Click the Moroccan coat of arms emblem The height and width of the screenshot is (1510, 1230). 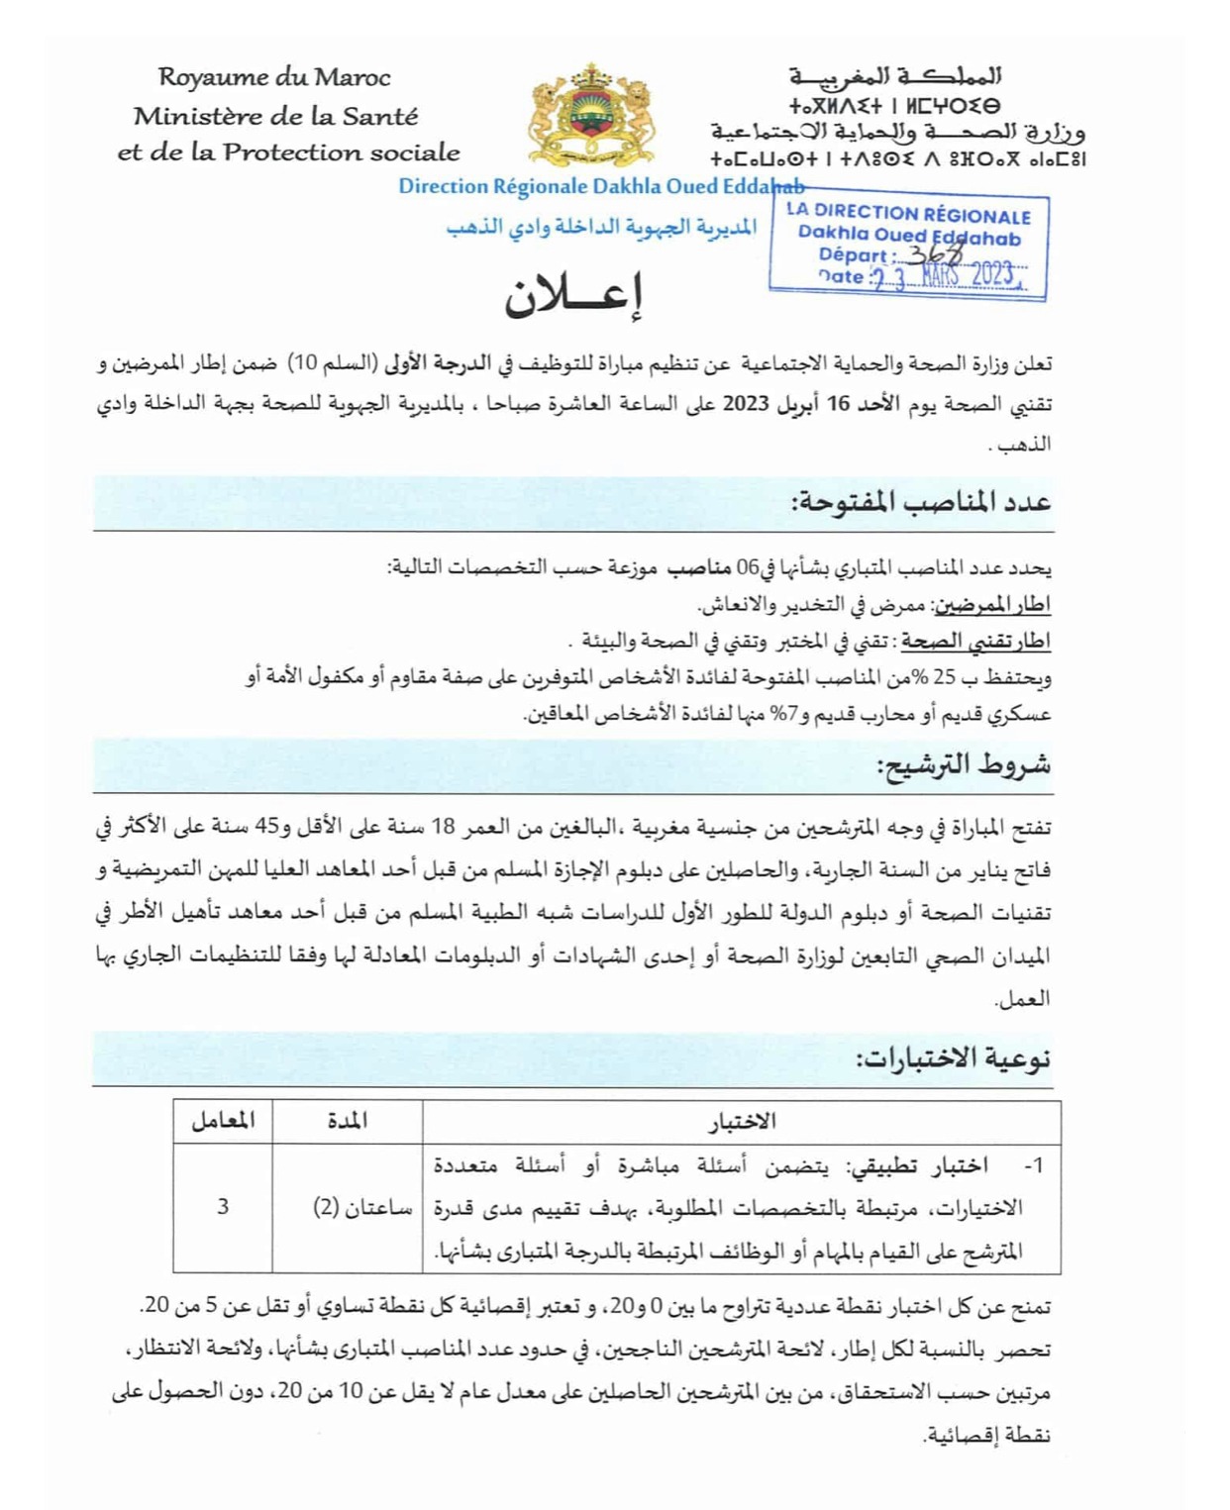click(592, 117)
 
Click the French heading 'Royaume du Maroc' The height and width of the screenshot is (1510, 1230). click(274, 77)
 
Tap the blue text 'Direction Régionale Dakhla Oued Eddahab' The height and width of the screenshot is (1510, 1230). click(600, 186)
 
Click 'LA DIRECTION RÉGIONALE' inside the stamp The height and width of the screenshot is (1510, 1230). click(908, 213)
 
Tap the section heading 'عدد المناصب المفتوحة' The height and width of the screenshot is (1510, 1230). click(921, 502)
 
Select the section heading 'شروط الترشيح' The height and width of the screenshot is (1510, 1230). click(964, 764)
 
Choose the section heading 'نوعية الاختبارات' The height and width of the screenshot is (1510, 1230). click(953, 1057)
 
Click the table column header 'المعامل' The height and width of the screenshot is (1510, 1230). click(223, 1121)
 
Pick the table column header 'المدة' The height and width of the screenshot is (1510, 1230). click(347, 1121)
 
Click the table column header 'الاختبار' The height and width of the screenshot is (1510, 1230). click(742, 1122)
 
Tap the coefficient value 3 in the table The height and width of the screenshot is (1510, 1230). click(223, 1206)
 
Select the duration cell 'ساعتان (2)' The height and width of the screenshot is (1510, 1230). click(362, 1207)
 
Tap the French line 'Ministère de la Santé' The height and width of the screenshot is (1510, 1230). click(276, 116)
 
